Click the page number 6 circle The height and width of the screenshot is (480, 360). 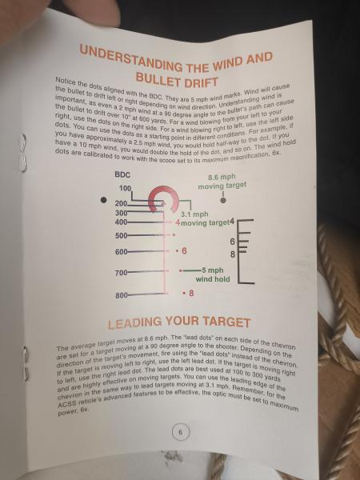[180, 433]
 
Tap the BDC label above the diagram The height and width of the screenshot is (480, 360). [122, 174]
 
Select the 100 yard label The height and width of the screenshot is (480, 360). [125, 188]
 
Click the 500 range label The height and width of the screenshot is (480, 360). [121, 236]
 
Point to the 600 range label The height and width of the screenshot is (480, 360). [121, 252]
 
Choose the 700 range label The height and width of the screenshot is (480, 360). [122, 273]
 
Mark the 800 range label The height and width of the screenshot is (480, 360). [122, 296]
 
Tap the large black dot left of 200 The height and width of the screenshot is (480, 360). [104, 200]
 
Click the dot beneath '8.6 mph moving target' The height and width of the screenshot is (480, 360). [223, 200]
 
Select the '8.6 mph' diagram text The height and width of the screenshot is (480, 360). [222, 177]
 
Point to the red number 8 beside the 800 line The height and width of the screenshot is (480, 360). [191, 294]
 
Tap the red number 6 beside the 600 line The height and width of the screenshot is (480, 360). [184, 251]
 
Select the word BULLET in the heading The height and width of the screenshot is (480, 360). [158, 78]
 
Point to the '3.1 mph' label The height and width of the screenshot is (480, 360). [194, 214]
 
